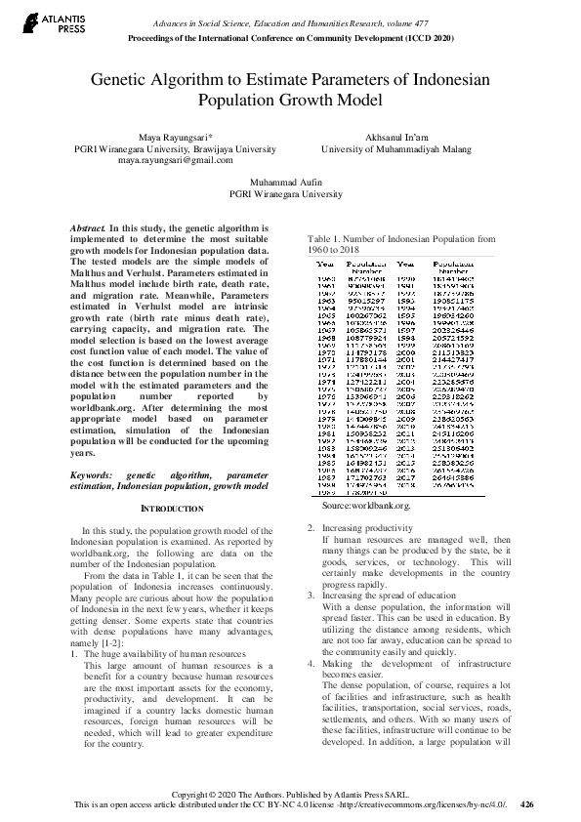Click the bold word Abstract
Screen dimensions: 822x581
(x=87, y=227)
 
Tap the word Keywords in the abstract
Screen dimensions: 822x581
(x=91, y=473)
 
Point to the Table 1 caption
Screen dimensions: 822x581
(x=400, y=244)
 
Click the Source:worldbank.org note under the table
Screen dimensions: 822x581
(x=366, y=506)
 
